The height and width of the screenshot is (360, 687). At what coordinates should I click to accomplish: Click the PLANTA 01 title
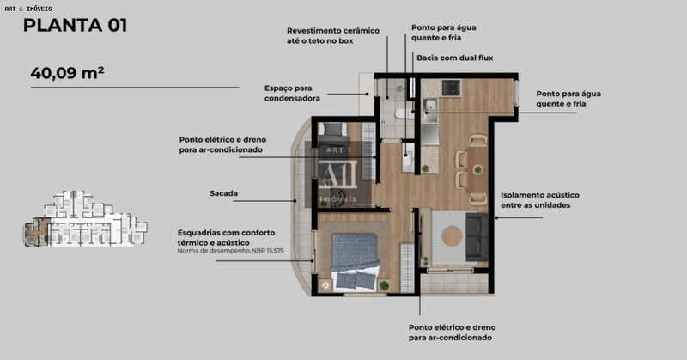coord(75,25)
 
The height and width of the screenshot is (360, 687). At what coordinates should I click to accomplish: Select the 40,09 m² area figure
coord(67,72)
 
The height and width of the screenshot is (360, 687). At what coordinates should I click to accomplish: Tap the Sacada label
coord(223,193)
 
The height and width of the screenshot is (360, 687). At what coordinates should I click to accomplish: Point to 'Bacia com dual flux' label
coord(454,58)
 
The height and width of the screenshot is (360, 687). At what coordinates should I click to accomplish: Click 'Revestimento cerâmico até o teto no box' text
coord(332,34)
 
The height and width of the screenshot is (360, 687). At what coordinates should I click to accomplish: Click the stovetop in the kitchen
coord(450,88)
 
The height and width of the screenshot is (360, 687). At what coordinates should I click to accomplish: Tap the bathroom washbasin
coord(408,156)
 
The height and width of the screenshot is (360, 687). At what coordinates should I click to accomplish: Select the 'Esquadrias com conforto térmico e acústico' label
coord(227,235)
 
